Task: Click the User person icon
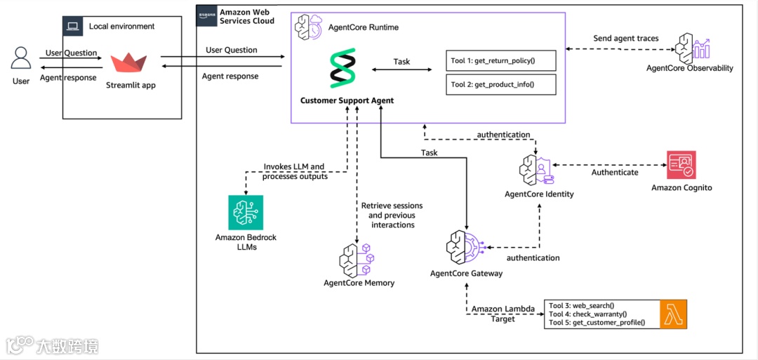click(21, 58)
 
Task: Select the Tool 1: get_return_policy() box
click(500, 61)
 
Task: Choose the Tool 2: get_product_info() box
click(500, 85)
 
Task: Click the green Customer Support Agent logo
click(343, 68)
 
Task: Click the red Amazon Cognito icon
click(681, 166)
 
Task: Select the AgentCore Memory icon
click(357, 260)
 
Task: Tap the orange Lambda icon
click(672, 314)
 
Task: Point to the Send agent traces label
click(625, 38)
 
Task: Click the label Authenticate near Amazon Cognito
click(615, 172)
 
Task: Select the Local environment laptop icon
click(72, 27)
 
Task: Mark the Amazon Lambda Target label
click(503, 314)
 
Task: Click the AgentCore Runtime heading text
click(364, 27)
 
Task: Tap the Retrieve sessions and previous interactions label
click(392, 215)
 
